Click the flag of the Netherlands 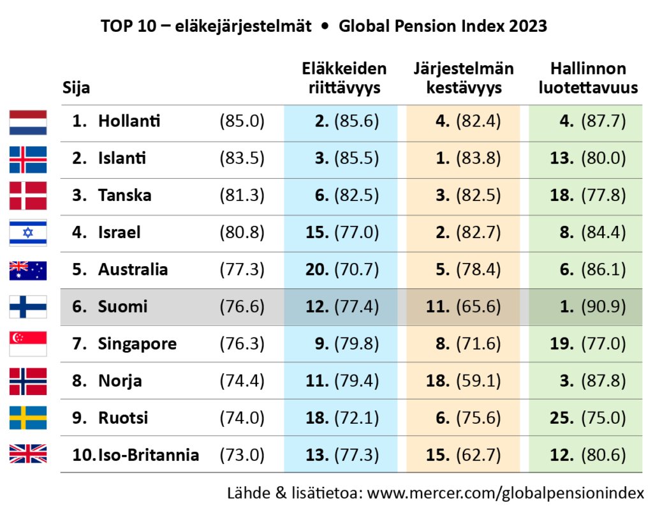(28, 122)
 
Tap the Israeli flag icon (28, 233)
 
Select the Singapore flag (28, 344)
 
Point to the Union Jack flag (28, 455)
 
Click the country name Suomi (122, 307)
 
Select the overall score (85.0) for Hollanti (242, 121)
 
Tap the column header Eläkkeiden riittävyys (344, 78)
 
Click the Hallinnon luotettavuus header (588, 78)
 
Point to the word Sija (76, 88)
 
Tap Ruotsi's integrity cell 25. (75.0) (588, 418)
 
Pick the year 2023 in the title (528, 27)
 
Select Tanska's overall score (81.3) (242, 195)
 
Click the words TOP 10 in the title (124, 27)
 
